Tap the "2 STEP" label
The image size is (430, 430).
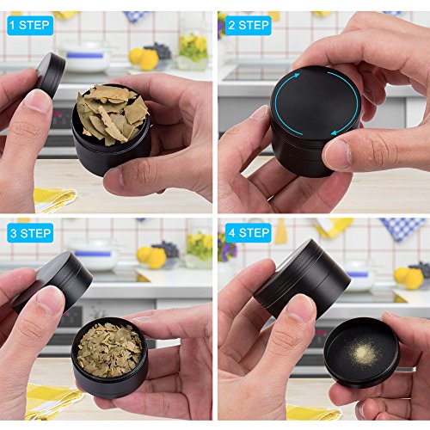tap(248, 25)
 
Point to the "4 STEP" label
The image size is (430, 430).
tap(248, 233)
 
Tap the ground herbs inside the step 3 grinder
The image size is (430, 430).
tap(109, 349)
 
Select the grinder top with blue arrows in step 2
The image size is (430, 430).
tap(316, 101)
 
